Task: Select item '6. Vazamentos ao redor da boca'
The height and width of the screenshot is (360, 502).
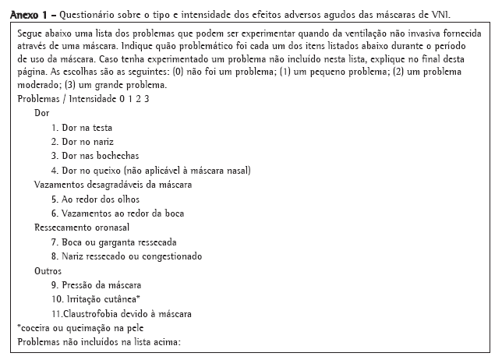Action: click(x=117, y=214)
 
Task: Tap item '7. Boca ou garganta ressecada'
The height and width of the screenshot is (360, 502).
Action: click(x=114, y=242)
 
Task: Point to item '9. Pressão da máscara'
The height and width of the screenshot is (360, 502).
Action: click(x=97, y=285)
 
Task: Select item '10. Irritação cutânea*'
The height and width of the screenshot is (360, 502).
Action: click(x=96, y=299)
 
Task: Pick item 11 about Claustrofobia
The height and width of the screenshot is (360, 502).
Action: click(x=122, y=313)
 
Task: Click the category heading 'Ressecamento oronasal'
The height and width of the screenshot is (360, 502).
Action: click(x=82, y=228)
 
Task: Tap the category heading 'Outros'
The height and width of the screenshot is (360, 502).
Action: click(x=48, y=271)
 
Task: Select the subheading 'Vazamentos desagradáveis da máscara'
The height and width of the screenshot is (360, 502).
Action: click(x=113, y=185)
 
